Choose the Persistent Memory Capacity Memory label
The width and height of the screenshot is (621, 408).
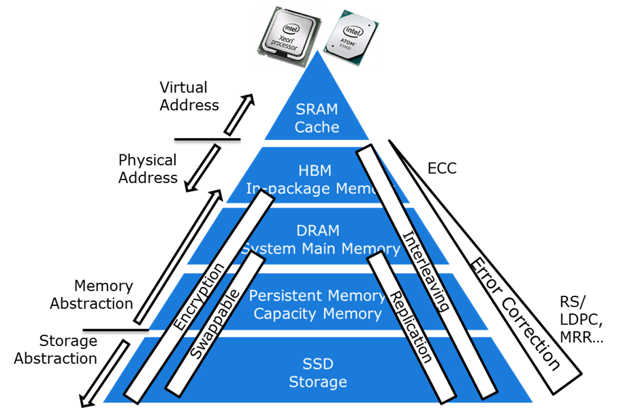317,305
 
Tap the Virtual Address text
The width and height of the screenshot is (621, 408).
189,96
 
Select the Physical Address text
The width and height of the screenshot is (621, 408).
148,169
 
